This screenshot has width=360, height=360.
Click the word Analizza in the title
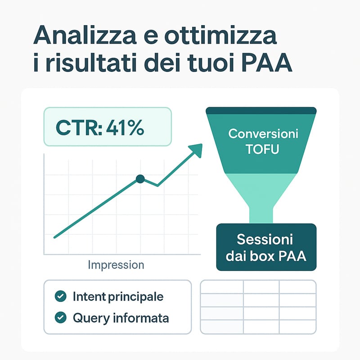85,36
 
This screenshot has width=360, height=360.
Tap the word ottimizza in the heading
220,36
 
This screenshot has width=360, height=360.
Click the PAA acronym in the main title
267,63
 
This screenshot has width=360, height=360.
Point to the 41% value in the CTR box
125,128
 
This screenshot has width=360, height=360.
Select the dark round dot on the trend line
140,179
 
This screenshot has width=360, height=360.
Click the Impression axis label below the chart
116,265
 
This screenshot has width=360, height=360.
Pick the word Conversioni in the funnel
263,134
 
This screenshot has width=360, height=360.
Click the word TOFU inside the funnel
262,149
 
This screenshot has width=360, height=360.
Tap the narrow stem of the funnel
261,216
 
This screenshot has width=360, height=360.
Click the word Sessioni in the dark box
265,239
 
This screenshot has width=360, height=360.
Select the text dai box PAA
266,256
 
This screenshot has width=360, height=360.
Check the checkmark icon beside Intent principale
61,296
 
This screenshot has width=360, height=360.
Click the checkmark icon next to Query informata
61,318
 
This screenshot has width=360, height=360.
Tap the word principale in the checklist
135,297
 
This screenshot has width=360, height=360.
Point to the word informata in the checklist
141,318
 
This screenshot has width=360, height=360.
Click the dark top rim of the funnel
261,111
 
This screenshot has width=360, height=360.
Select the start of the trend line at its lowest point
54,238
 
